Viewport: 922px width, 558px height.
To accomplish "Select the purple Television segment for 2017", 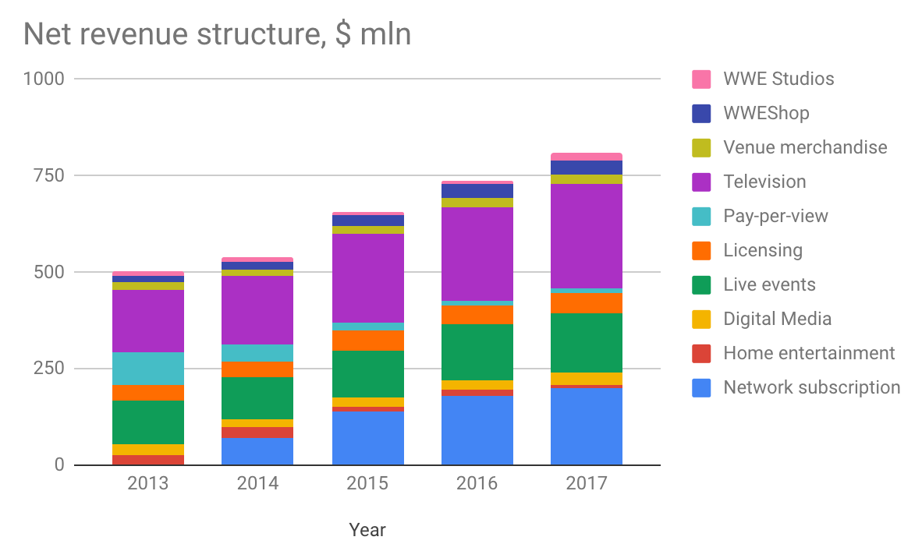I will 586,236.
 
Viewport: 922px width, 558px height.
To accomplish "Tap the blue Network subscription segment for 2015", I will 367,438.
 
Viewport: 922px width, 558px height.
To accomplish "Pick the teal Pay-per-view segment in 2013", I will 148,369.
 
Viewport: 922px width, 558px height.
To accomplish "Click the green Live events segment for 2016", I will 477,352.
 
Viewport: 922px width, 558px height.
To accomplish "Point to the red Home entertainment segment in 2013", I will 148,460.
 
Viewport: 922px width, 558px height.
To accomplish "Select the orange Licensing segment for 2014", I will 257,369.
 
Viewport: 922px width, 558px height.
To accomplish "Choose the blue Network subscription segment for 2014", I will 257,451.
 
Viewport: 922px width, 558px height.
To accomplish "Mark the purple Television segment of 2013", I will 148,321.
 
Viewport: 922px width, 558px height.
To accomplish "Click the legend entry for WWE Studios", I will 778,79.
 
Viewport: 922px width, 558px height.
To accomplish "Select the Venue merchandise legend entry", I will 804,147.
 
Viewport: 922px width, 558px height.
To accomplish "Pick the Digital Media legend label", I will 777,319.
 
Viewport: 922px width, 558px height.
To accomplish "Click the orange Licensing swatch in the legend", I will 701,250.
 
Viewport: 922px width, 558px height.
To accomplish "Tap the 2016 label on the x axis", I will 477,484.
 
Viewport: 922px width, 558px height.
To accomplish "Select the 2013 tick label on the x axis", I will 148,484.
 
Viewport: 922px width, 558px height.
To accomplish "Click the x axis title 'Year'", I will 367,531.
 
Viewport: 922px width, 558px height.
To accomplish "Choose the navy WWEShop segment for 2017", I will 586,168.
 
